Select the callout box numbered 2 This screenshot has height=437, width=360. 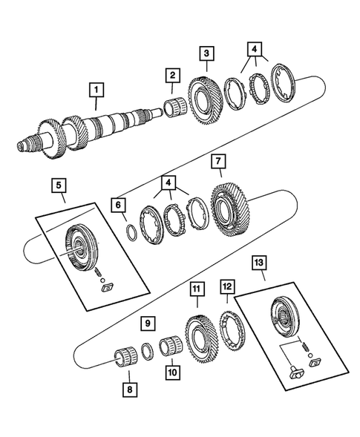171,75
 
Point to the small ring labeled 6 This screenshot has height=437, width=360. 130,230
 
